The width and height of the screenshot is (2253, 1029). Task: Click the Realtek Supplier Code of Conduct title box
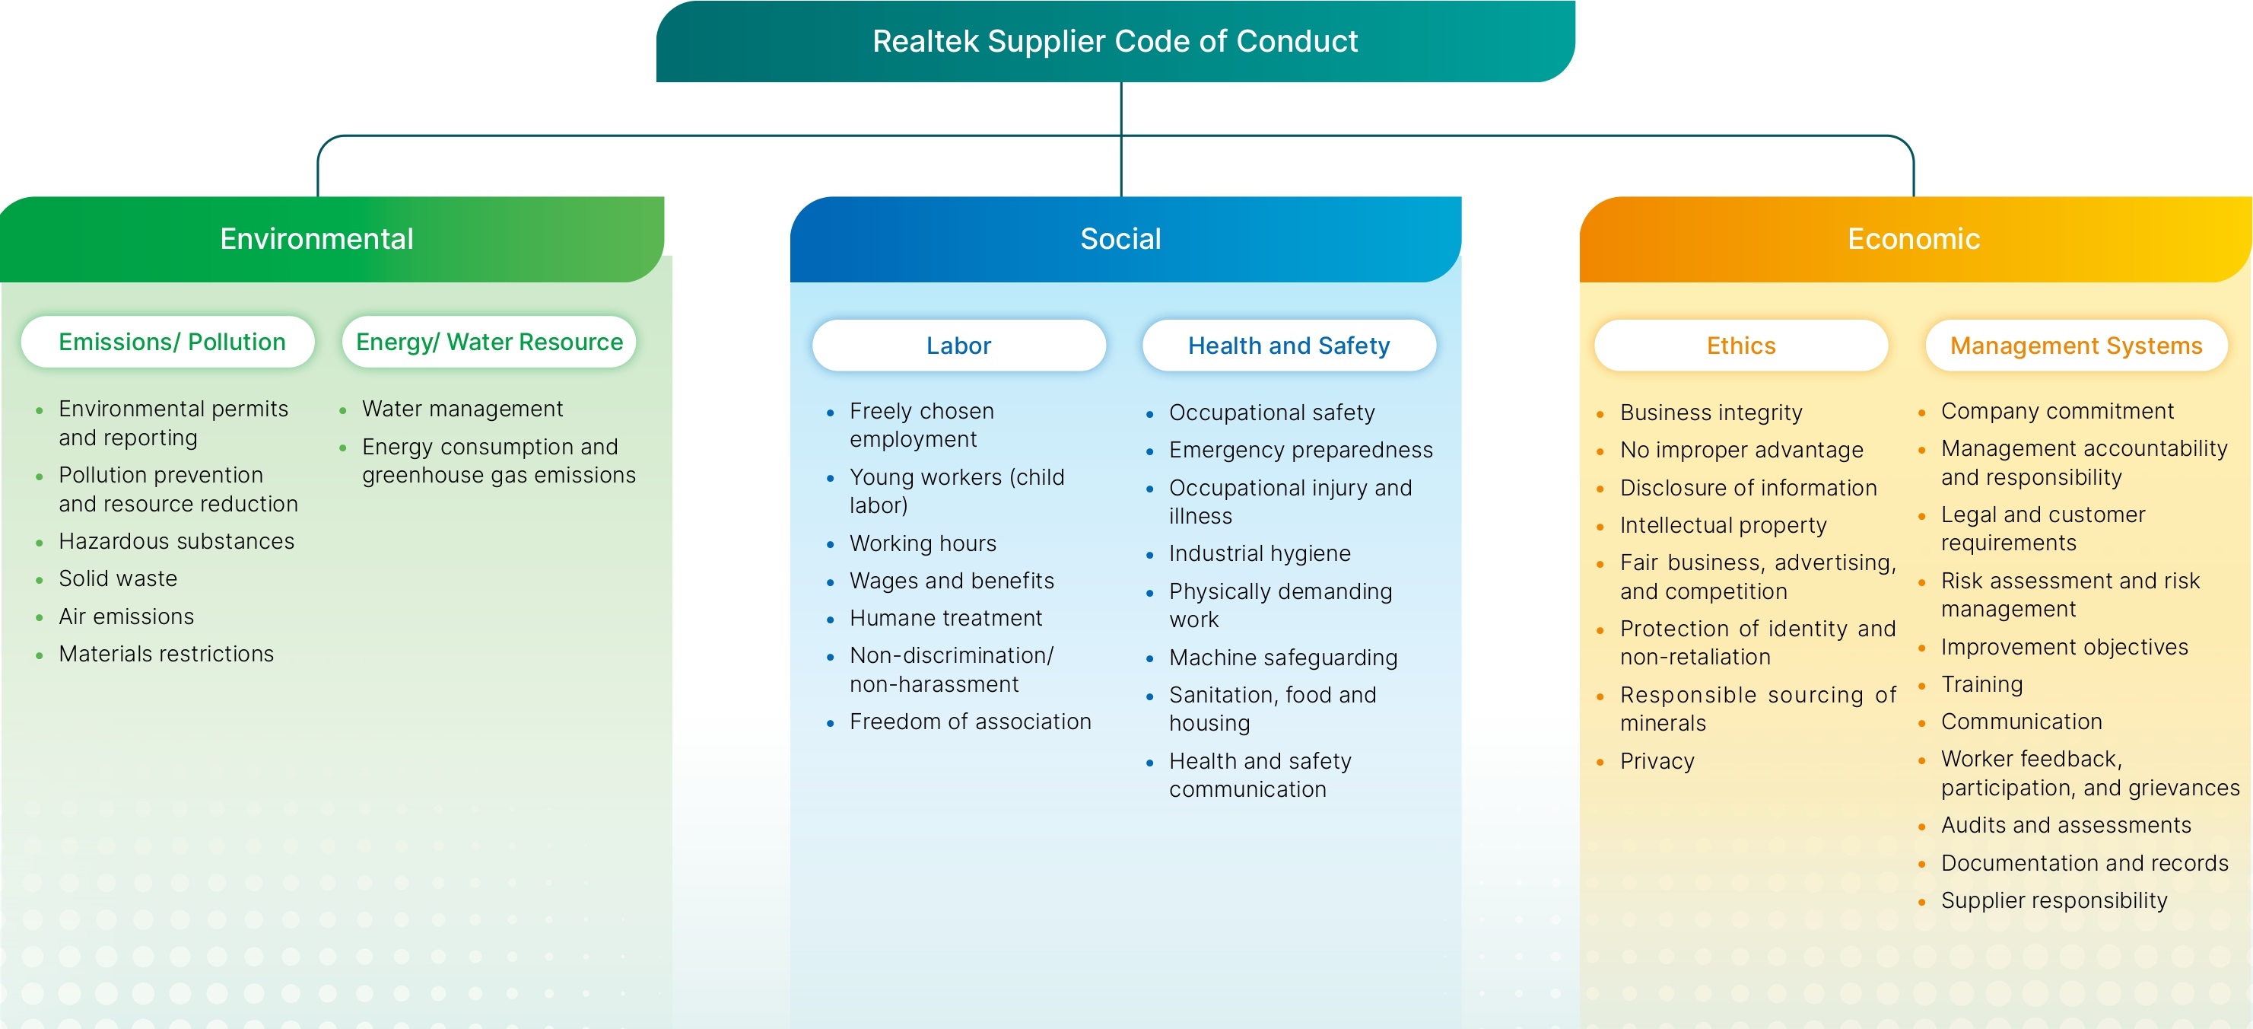click(x=1115, y=41)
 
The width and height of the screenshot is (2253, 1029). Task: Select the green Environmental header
click(x=332, y=239)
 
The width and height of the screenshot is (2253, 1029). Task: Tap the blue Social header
click(x=1125, y=239)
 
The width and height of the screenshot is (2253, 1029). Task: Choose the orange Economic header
click(x=1915, y=239)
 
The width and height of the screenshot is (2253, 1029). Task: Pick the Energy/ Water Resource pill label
click(x=489, y=342)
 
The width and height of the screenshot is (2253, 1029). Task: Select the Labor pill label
click(x=958, y=346)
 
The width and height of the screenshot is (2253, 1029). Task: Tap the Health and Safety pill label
click(x=1289, y=346)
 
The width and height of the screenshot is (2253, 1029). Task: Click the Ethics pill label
click(x=1740, y=346)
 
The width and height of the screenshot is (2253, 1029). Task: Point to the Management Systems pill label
click(x=2076, y=346)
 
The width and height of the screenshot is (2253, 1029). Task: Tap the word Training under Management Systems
click(x=1982, y=684)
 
